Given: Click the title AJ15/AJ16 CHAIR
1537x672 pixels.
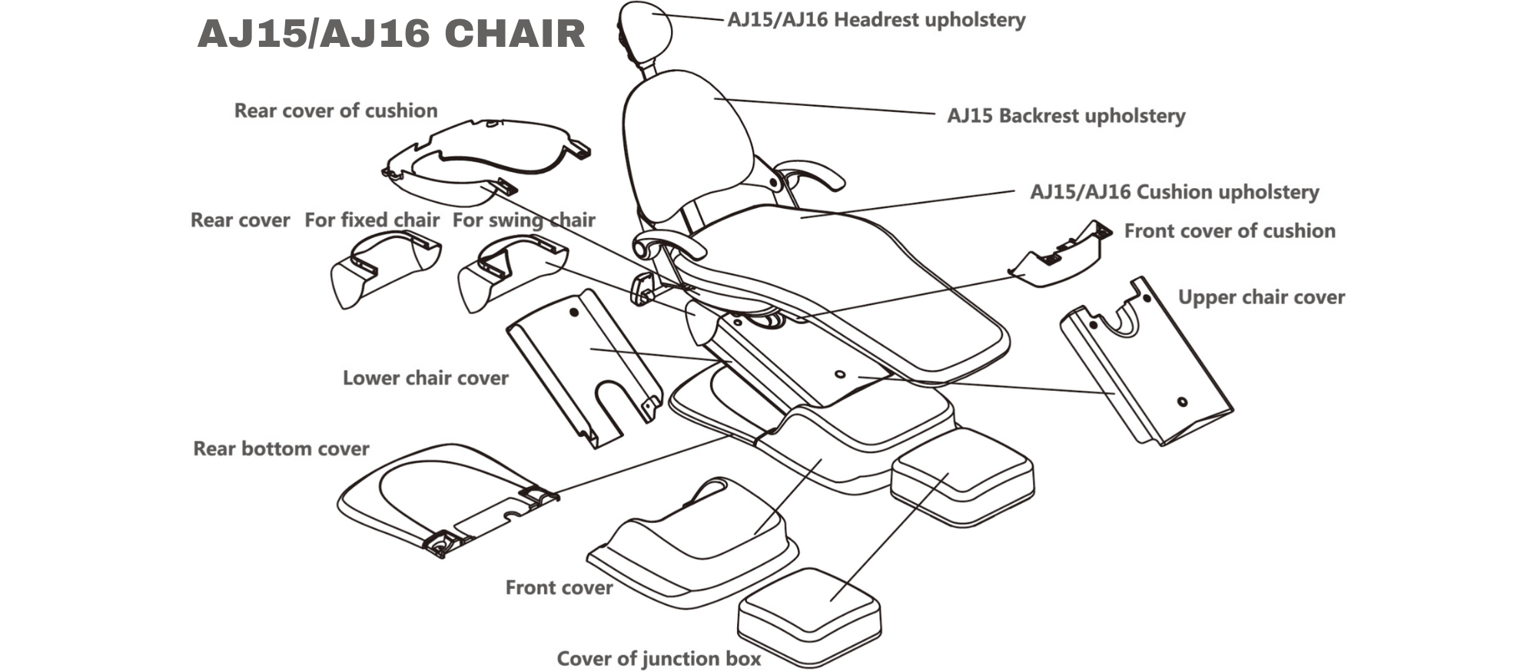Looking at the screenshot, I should [x=391, y=35].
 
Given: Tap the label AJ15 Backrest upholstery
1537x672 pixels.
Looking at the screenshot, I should [x=1066, y=116].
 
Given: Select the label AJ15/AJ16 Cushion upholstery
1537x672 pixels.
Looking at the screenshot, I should [x=1174, y=192].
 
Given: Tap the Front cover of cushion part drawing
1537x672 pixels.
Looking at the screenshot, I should [x=1061, y=257].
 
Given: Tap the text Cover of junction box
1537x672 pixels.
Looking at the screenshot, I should [x=659, y=659].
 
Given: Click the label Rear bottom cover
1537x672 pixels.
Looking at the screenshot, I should [x=281, y=449].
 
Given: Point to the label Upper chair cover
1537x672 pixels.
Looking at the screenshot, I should [x=1261, y=297].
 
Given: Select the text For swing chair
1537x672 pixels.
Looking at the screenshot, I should [x=523, y=220].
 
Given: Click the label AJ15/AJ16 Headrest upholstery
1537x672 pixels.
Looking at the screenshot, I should [x=876, y=20].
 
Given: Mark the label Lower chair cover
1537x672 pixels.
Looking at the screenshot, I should [x=425, y=378].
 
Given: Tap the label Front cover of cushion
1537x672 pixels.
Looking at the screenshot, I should [x=1230, y=231].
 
